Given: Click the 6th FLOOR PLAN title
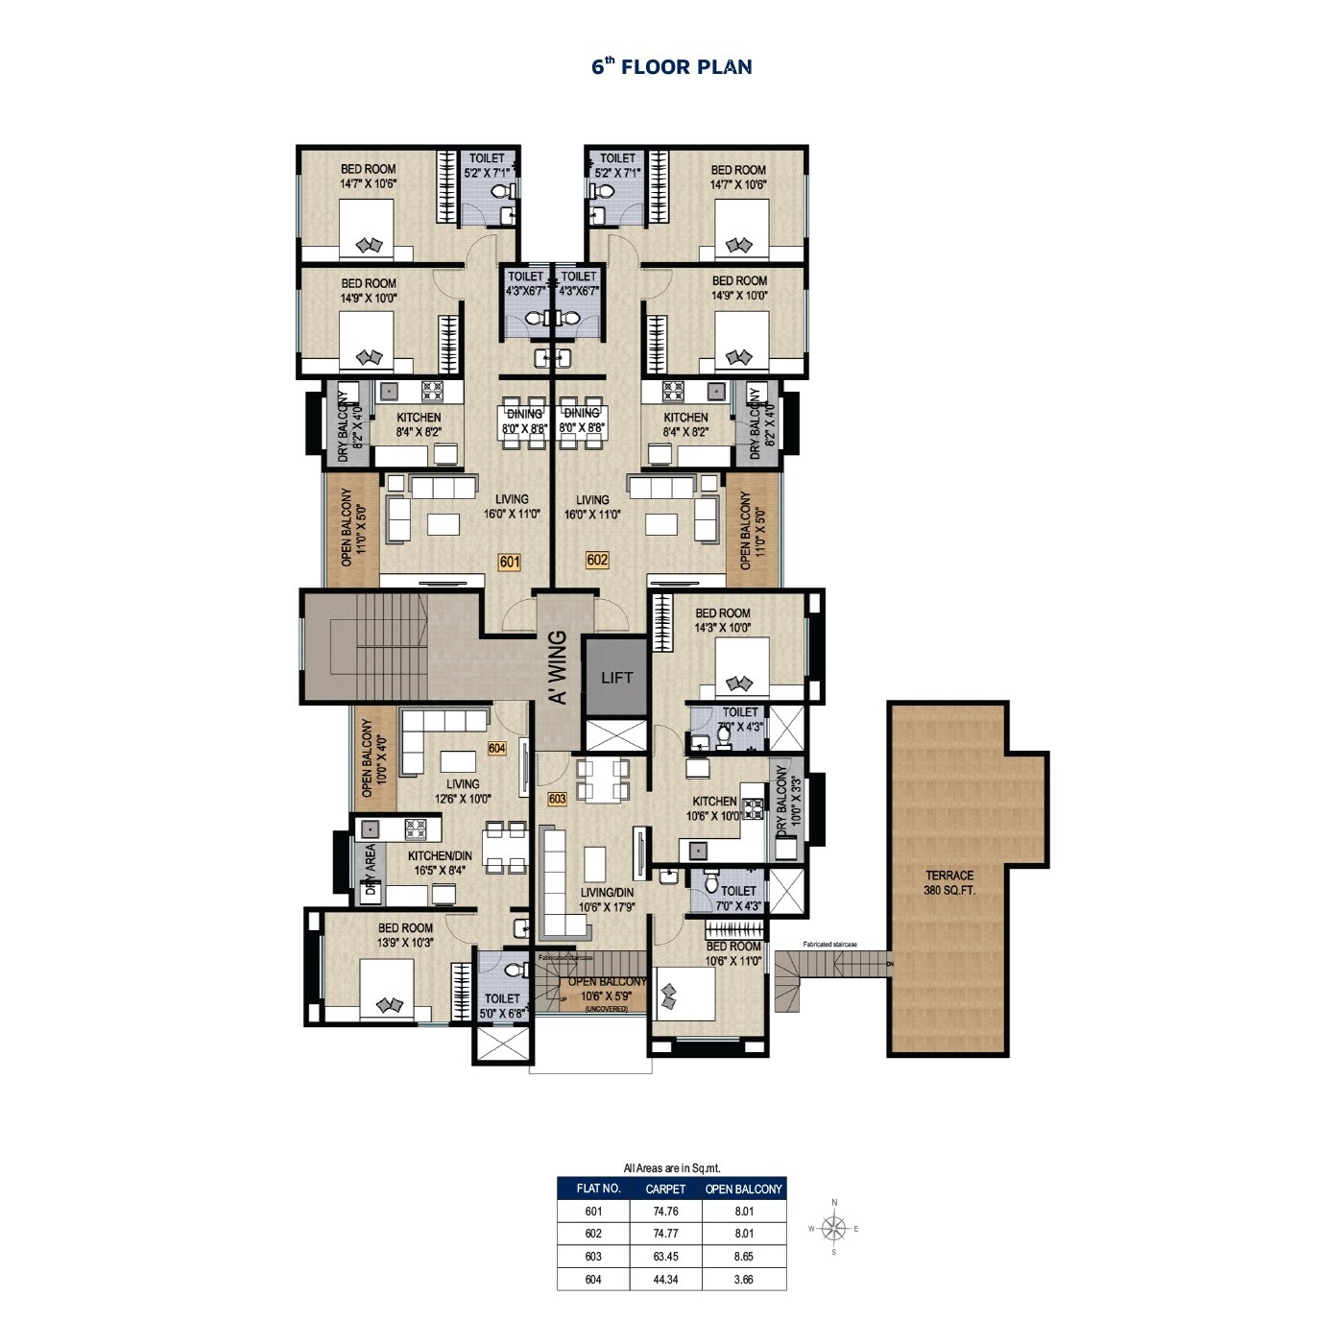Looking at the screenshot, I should pos(671,66).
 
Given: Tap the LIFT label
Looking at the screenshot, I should pos(616,678).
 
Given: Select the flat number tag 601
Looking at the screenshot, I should pos(509,563).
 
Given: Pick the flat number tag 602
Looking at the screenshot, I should pos(597,560).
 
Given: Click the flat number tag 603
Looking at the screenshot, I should pos(557,799).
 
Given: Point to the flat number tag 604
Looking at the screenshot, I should pos(496,748).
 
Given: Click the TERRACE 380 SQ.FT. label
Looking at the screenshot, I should pos(949,882).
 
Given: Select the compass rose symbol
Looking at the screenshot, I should pos(834,1228).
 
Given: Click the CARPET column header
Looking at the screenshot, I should pos(665,1188).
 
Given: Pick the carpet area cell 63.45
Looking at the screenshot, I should pos(665,1257).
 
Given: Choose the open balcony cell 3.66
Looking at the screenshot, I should pos(743,1279).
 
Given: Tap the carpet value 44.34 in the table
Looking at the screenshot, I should pos(665,1279).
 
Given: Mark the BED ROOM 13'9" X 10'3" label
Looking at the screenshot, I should pos(405,935).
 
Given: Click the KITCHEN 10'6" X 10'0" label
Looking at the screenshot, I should pos(715,808).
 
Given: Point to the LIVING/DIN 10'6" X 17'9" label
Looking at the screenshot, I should pos(607,899).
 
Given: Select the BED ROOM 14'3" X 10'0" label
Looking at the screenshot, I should pos(723,620).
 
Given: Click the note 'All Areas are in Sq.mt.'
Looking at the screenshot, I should pos(671,1168).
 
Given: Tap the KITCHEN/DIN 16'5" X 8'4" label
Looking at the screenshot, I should pos(440,863).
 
